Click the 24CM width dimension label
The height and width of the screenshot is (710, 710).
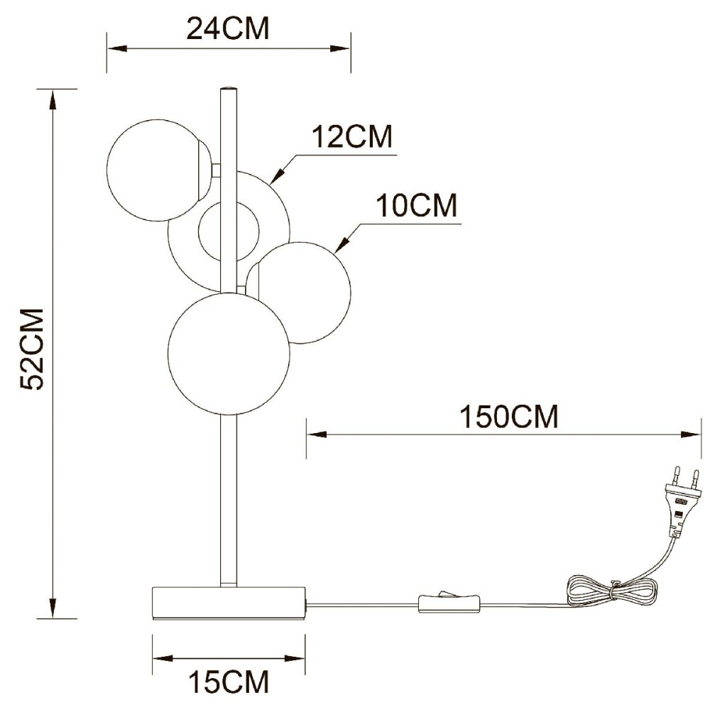coord(228,28)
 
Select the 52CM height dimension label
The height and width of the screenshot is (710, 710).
coord(32,348)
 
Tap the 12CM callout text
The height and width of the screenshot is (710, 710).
coord(352,136)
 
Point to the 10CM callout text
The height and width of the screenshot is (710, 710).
coord(417,205)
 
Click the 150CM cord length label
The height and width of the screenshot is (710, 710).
coord(509,416)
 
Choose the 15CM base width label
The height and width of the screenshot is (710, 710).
coord(229,681)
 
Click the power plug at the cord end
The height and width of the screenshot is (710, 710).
coord(682,502)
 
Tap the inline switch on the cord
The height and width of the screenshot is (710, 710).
coord(449,602)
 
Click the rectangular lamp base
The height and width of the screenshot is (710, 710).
coord(229,603)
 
